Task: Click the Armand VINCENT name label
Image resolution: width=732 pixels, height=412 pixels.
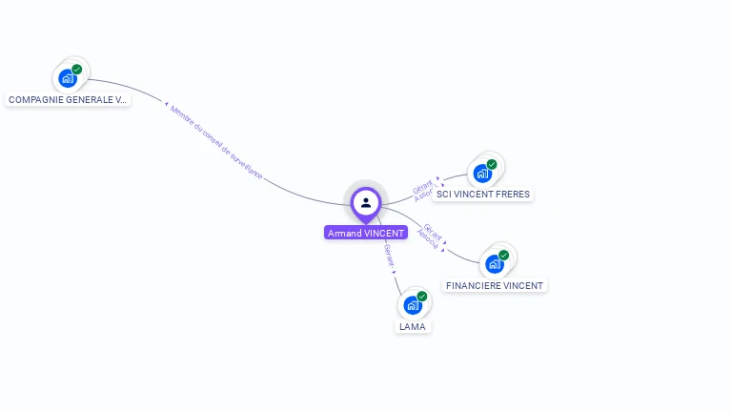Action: tap(366, 233)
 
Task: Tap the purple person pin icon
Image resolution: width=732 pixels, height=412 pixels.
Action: tap(366, 202)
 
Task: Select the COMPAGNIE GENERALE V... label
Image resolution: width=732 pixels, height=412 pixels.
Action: tap(68, 99)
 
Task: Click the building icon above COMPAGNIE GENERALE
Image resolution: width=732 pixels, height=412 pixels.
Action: tap(68, 77)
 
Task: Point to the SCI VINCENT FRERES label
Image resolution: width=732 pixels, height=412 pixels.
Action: tap(483, 195)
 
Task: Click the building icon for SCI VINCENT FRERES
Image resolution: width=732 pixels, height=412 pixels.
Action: tap(483, 173)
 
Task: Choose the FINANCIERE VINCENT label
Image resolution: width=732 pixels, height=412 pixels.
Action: tap(495, 285)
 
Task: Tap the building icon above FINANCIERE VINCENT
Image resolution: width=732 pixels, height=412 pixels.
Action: tap(495, 263)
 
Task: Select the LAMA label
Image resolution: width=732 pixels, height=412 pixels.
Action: tap(413, 326)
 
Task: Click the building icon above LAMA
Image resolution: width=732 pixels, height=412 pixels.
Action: tap(413, 305)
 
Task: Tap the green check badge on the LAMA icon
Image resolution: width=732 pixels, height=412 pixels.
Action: tap(421, 296)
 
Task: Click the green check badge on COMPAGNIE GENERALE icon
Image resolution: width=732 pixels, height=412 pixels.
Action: tap(76, 69)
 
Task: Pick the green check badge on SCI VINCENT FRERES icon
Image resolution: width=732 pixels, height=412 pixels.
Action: tap(492, 164)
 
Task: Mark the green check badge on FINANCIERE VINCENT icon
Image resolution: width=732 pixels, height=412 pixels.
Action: tap(503, 255)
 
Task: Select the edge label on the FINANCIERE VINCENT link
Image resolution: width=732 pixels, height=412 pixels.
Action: tap(431, 237)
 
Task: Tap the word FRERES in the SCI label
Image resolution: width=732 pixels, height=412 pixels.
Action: tap(512, 195)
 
